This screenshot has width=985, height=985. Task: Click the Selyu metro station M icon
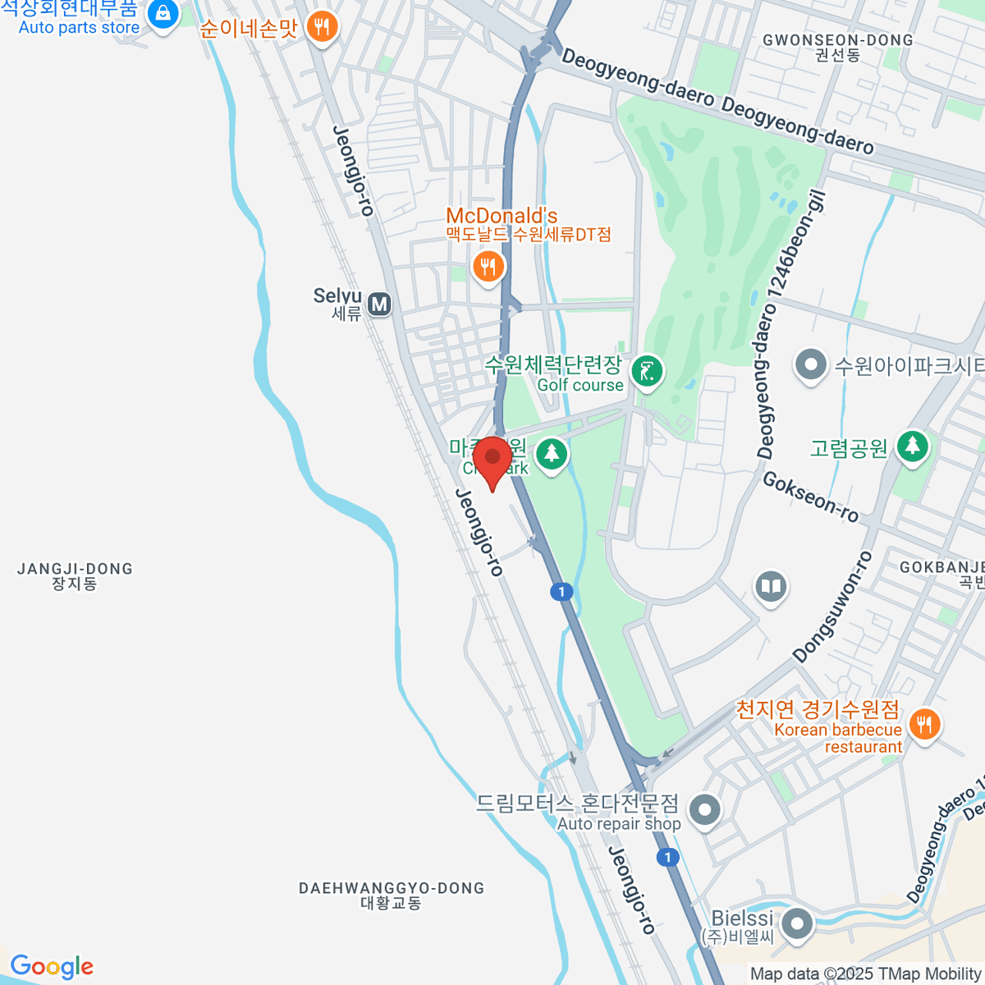pos(378,305)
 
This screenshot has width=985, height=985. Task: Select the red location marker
pos(492,460)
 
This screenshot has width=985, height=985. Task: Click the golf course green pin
pos(648,372)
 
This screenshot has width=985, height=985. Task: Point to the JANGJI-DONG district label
pos(75,575)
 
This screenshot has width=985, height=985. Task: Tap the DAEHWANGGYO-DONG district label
pos(391,895)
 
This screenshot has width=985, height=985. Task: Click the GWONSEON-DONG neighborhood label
pos(837,47)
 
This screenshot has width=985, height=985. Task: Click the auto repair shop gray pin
pos(704,810)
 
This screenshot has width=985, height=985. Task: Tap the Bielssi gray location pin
pos(796,924)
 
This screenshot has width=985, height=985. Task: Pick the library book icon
pos(770,587)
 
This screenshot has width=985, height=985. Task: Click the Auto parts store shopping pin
pos(164,14)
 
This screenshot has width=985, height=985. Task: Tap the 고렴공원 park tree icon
pos(912,447)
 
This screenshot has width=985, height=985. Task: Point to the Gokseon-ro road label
pos(810,497)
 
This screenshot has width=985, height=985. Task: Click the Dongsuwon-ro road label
pos(832,607)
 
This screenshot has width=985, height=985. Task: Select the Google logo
pos(52,967)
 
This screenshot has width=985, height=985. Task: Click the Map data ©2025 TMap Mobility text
pos(865,974)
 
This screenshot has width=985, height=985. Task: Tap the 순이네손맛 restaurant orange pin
pos(321,27)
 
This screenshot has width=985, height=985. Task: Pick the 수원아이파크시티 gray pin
pos(811,365)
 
